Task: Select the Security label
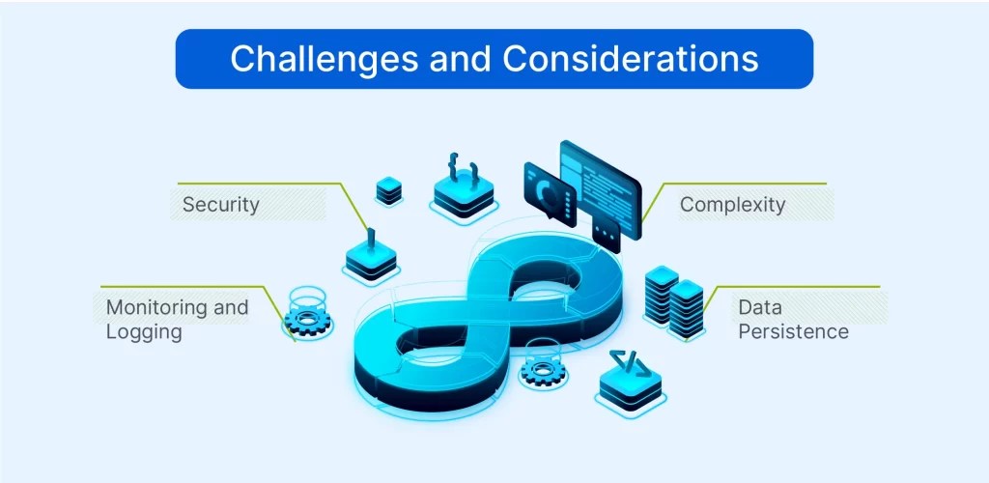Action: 221,204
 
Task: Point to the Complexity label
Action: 732,204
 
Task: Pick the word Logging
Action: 144,331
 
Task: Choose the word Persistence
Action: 793,331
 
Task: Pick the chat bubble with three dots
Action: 606,233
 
